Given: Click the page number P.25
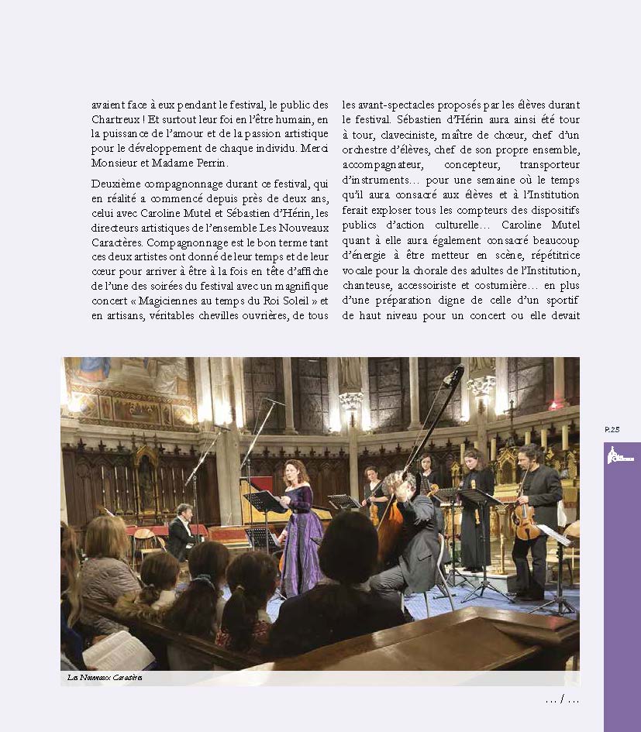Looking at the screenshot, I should coord(612,430).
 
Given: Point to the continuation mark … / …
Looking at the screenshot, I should coord(562,700).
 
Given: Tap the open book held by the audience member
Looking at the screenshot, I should coord(117,651).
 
